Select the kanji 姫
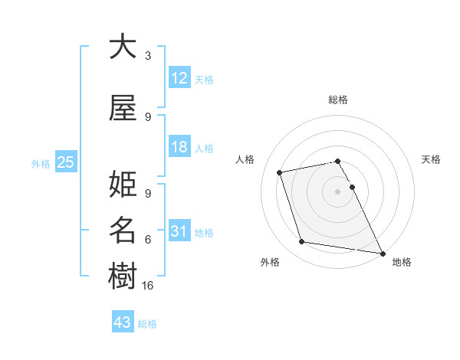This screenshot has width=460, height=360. pyautogui.click(x=123, y=185)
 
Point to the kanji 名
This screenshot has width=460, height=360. pyautogui.click(x=123, y=230)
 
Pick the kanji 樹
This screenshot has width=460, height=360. pyautogui.click(x=123, y=274)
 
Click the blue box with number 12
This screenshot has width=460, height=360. pyautogui.click(x=179, y=78)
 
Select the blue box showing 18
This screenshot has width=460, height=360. pyautogui.click(x=179, y=147)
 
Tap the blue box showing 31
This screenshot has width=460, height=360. pyautogui.click(x=179, y=231)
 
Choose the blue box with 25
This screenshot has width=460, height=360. pyautogui.click(x=65, y=162)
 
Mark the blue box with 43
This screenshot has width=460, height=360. pyautogui.click(x=122, y=322)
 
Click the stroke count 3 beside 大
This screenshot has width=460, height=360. pyautogui.click(x=148, y=56)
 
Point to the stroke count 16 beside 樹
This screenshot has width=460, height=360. pyautogui.click(x=149, y=285)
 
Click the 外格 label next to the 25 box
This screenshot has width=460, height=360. pyautogui.click(x=40, y=163)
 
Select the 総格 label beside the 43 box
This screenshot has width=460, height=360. pyautogui.click(x=147, y=324)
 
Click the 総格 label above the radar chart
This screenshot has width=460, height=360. pyautogui.click(x=338, y=100)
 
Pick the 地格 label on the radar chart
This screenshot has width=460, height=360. pyautogui.click(x=402, y=262)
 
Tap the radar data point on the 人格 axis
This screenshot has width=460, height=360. pyautogui.click(x=280, y=172)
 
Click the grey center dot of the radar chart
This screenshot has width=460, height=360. pyautogui.click(x=338, y=191)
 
